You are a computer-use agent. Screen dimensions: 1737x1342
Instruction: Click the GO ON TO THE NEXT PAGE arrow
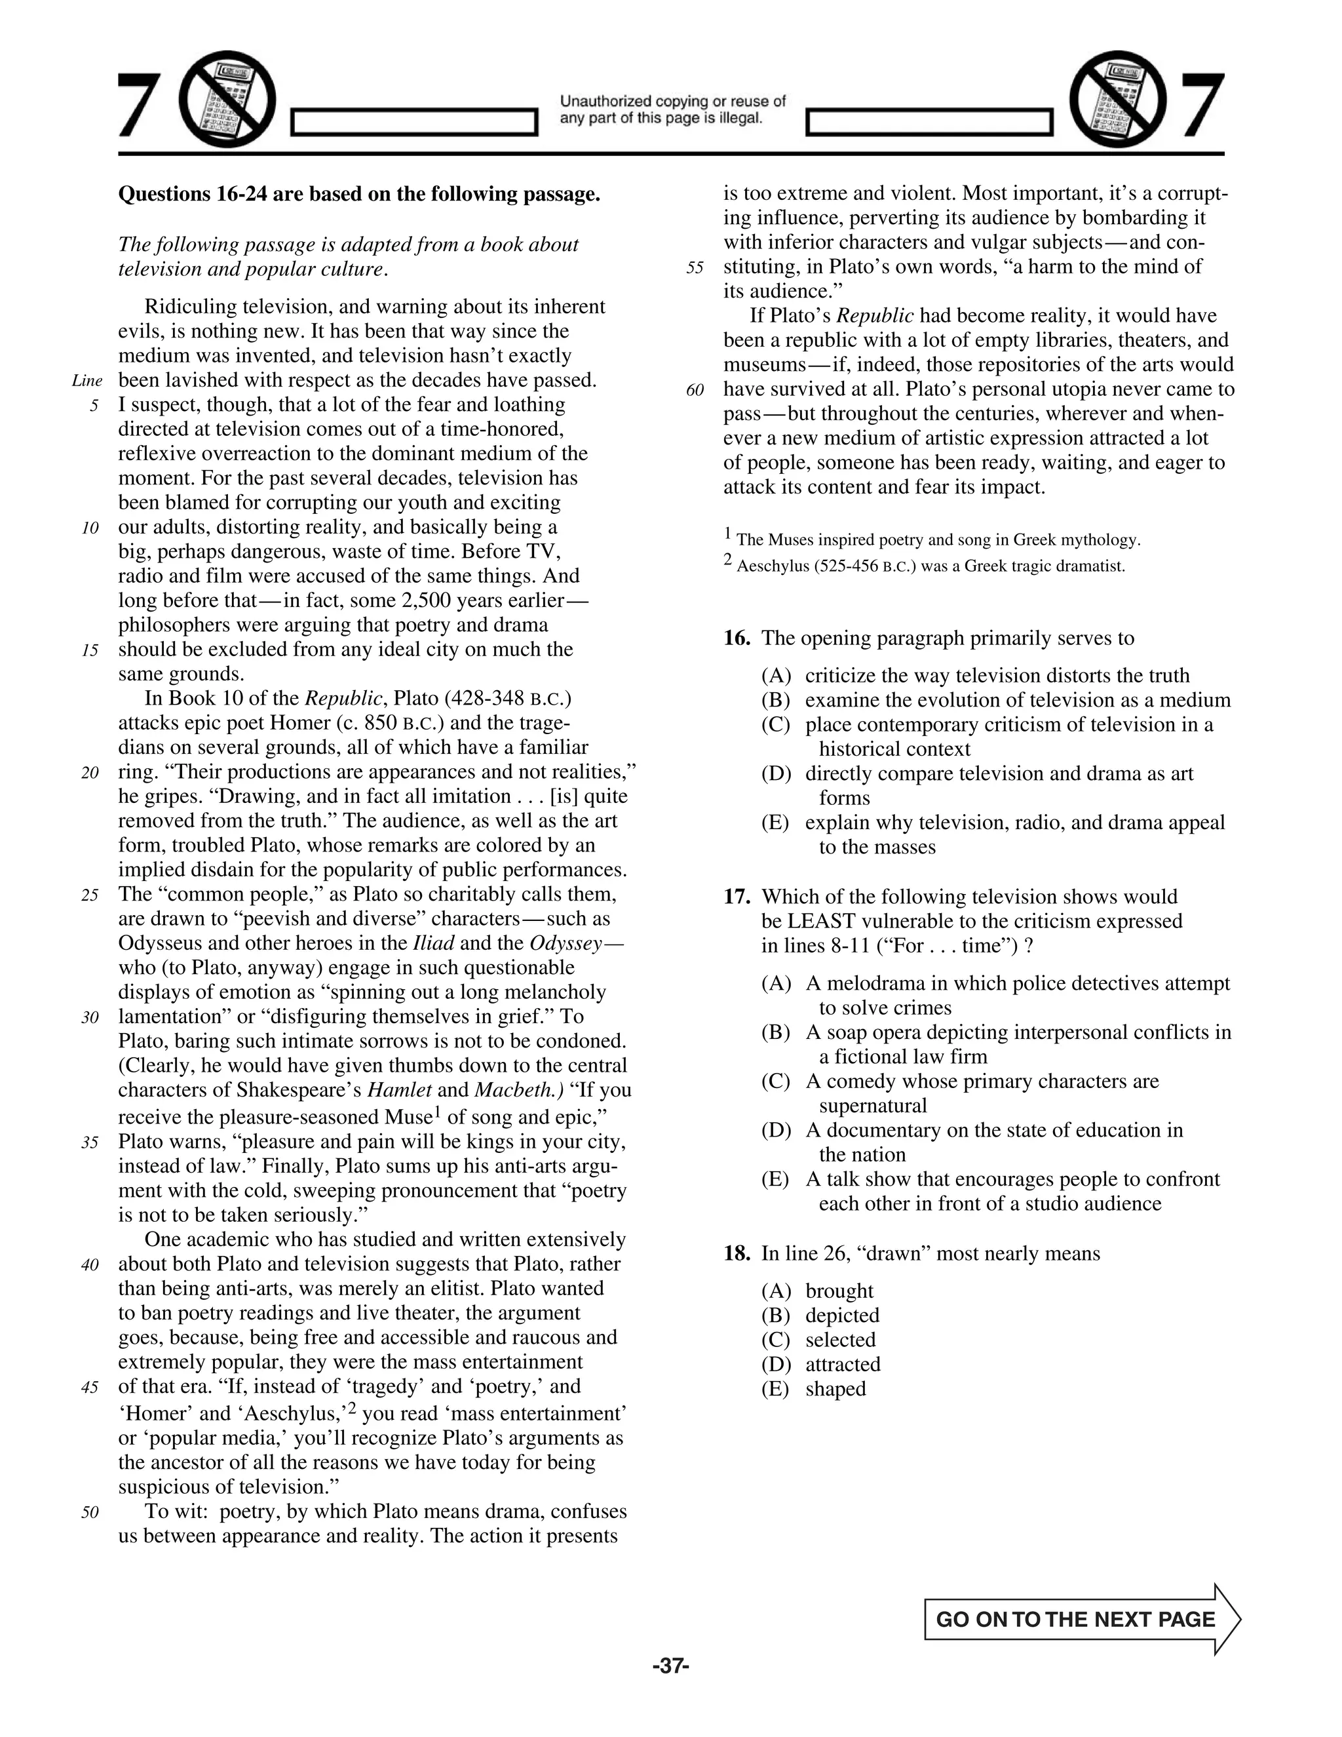click(1081, 1619)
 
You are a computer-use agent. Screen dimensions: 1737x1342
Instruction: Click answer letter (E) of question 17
click(775, 1179)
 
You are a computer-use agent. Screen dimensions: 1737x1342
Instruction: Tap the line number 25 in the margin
click(90, 895)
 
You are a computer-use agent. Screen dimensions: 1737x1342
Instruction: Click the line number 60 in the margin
click(695, 390)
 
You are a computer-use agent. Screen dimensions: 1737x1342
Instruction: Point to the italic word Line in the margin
click(86, 380)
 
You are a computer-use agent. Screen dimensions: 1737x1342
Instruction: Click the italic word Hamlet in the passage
click(400, 1089)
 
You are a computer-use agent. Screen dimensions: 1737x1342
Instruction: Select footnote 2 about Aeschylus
click(924, 566)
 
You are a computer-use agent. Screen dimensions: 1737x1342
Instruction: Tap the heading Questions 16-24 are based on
click(358, 194)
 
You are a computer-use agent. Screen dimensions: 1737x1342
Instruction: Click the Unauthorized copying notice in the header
click(672, 109)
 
